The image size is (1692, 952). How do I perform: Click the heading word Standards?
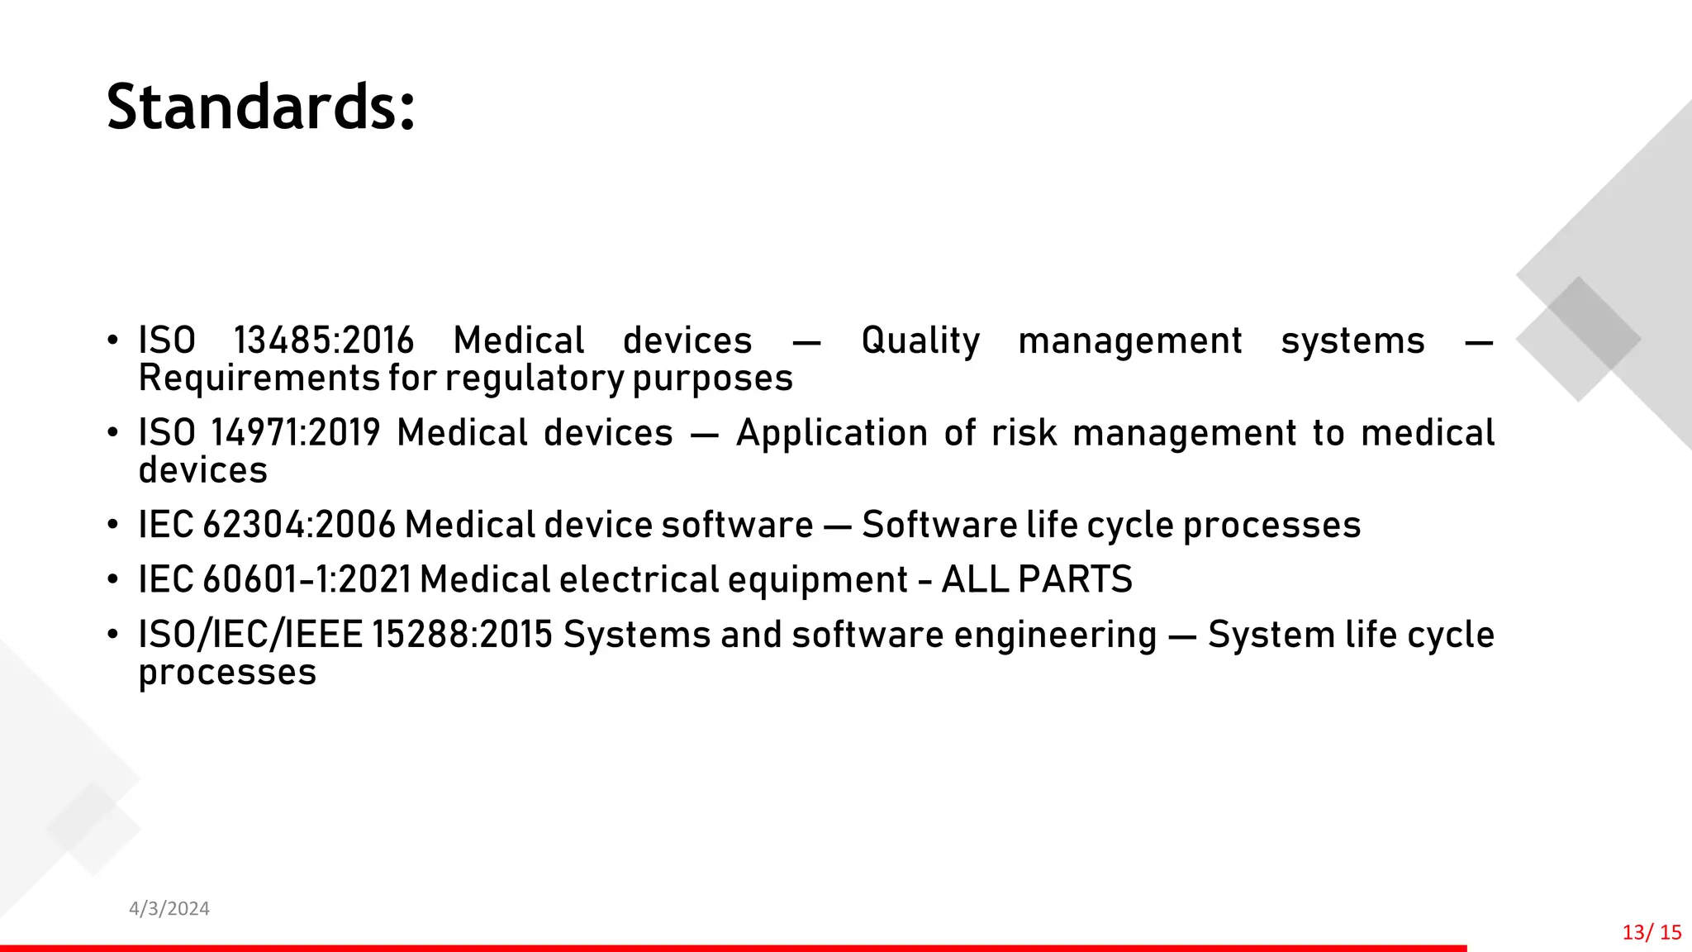(x=260, y=107)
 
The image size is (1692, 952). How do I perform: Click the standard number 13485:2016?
(x=323, y=340)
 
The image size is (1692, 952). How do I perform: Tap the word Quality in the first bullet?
(x=920, y=340)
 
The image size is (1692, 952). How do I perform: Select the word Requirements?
(x=259, y=378)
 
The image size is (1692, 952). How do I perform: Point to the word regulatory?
(x=535, y=378)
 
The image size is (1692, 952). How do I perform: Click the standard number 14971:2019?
(x=295, y=433)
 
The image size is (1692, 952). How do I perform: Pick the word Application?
(x=832, y=433)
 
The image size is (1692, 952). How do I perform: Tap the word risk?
(x=1024, y=433)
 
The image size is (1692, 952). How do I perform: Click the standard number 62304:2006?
(x=299, y=525)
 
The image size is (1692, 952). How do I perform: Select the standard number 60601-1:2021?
(x=307, y=579)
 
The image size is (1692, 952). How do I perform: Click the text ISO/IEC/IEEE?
(x=250, y=635)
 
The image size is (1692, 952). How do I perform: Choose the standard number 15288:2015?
(x=462, y=635)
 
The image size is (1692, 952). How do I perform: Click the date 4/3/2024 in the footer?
(x=169, y=909)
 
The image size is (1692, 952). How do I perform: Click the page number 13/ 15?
(x=1652, y=932)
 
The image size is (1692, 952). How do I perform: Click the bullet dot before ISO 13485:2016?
(x=112, y=341)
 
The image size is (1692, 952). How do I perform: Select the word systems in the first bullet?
(x=1352, y=340)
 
